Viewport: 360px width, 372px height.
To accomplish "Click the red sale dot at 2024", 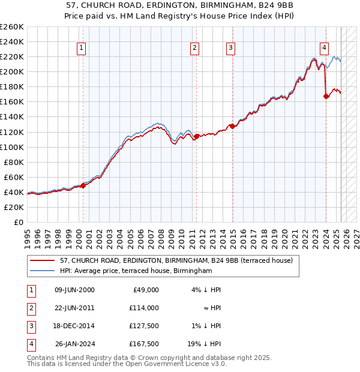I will click(326, 95).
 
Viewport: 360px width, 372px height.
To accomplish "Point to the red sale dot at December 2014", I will click(232, 126).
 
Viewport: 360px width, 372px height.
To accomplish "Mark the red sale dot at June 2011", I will click(196, 136).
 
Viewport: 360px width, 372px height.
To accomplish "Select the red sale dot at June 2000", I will click(83, 185).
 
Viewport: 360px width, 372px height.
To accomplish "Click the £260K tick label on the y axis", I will click(11, 27).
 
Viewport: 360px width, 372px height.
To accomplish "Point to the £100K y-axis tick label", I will click(11, 147).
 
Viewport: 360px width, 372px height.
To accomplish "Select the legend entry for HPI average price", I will click(136, 271).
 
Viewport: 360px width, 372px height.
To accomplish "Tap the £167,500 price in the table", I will click(143, 344).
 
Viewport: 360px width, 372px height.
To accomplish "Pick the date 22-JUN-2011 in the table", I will click(74, 308).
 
